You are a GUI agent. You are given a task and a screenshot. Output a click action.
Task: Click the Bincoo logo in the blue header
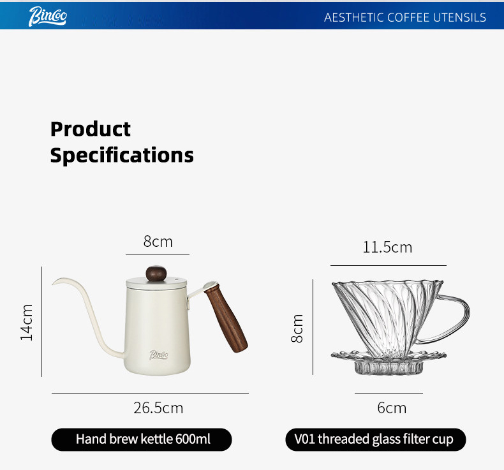click(48, 16)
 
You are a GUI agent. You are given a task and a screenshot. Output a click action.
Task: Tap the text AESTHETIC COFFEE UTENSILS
click(404, 17)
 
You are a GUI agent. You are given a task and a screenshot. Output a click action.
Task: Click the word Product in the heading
click(91, 129)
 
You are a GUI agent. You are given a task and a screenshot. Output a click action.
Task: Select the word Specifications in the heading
click(122, 155)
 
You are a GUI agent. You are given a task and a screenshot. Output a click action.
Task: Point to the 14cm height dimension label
click(27, 323)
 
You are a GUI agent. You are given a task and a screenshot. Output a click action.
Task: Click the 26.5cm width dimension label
click(158, 408)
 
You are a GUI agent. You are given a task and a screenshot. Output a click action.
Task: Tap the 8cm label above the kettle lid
click(158, 241)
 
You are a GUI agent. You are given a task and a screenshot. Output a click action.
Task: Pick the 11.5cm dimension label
click(387, 247)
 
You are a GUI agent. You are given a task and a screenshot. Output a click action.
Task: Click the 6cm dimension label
click(392, 408)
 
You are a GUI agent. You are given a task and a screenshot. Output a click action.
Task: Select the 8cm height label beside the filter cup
click(297, 328)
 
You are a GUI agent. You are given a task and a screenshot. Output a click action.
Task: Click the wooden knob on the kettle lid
click(156, 274)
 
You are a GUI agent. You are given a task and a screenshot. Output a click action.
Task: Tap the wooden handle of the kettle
click(226, 318)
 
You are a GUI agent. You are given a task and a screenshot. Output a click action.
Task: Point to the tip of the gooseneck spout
click(52, 284)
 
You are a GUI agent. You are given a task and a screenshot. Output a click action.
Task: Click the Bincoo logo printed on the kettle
click(158, 355)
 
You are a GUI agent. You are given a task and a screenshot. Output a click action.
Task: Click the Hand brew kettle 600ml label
click(142, 439)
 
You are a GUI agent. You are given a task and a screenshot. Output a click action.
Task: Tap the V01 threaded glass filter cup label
click(375, 439)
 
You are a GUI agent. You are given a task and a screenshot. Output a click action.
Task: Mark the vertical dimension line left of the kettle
click(41, 321)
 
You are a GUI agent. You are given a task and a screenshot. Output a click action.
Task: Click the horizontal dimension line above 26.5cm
click(150, 393)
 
